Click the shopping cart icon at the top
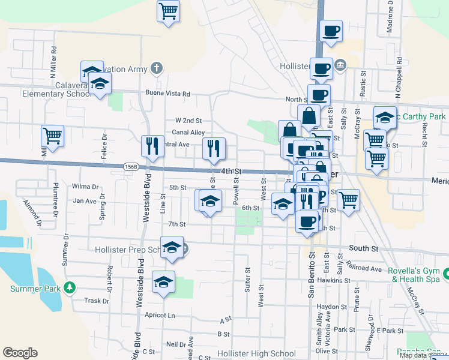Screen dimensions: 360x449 (169, 11)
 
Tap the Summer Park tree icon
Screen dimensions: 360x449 (70, 288)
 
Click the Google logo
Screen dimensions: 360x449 (20, 353)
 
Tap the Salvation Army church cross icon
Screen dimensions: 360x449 (156, 68)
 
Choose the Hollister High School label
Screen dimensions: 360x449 (257, 354)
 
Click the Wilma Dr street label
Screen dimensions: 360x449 (84, 186)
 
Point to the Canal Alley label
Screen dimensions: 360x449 (189, 133)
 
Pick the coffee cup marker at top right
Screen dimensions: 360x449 (331, 31)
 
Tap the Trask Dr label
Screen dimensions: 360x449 (95, 301)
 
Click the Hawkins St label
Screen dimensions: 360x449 (334, 280)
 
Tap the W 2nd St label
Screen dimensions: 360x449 (188, 120)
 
